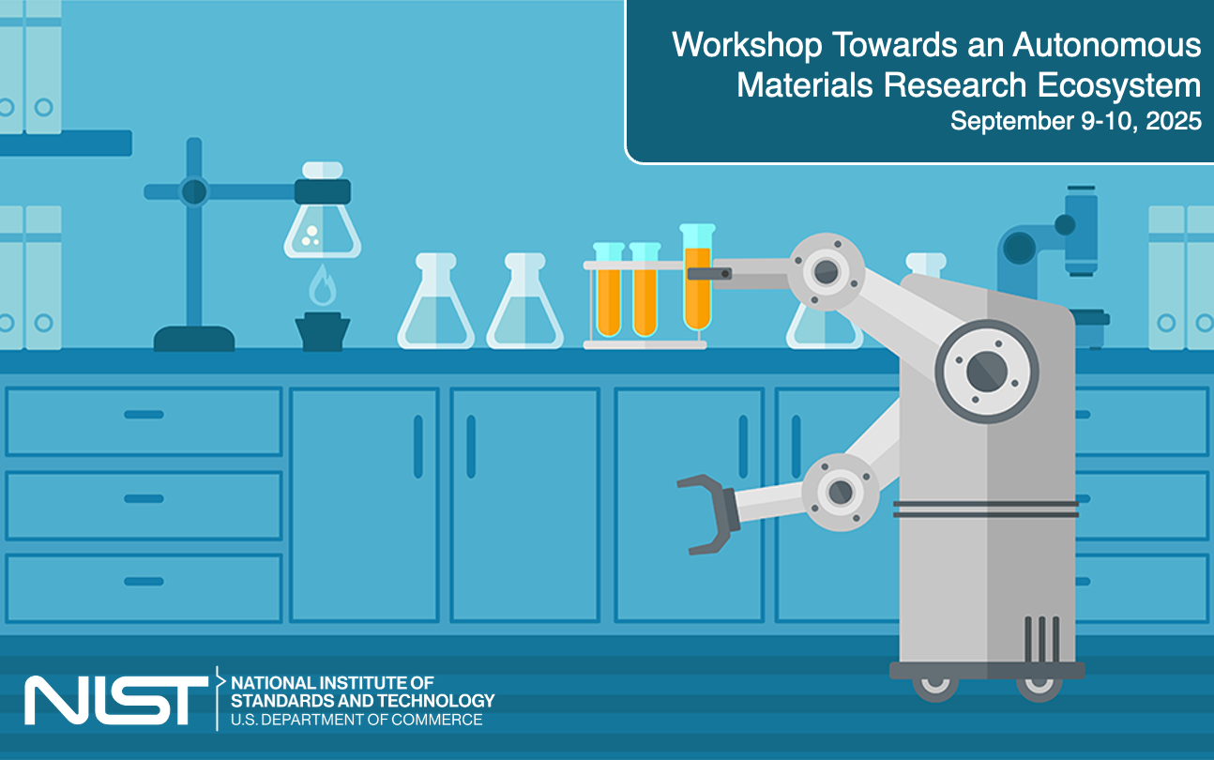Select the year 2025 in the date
pyautogui.click(x=1174, y=121)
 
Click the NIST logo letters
pyautogui.click(x=115, y=699)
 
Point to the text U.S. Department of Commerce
pyautogui.click(x=357, y=720)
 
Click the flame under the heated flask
pyautogui.click(x=322, y=285)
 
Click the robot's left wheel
pyautogui.click(x=935, y=687)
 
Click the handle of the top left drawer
pyautogui.click(x=144, y=414)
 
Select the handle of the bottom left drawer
pyautogui.click(x=144, y=581)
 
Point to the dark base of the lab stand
pyautogui.click(x=194, y=339)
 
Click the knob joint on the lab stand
pyautogui.click(x=194, y=191)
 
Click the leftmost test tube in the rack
pyautogui.click(x=609, y=291)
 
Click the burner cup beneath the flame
pyautogui.click(x=322, y=332)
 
